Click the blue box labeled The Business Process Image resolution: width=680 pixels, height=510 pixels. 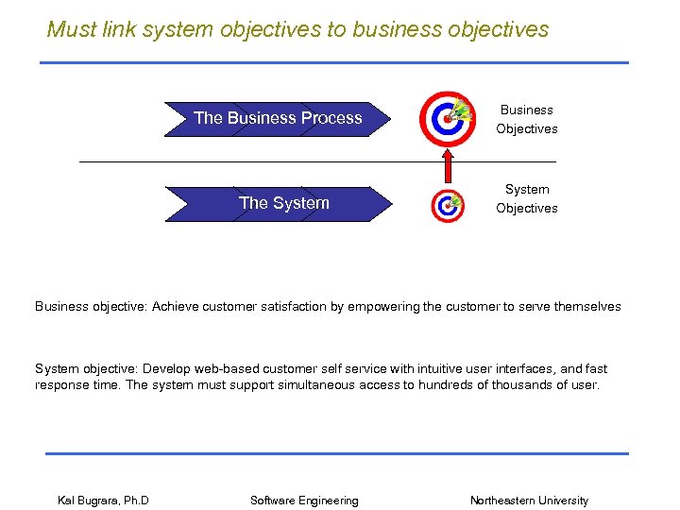[278, 119]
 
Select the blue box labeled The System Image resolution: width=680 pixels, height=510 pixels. [283, 203]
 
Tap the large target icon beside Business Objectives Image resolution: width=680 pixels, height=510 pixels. [449, 119]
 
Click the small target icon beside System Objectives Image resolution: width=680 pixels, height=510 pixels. [447, 205]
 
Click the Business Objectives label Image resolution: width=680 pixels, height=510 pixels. [527, 120]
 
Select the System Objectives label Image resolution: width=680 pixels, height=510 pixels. [527, 199]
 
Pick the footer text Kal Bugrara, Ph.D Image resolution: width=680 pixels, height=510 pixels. [103, 501]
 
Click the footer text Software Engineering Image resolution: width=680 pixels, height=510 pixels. [304, 501]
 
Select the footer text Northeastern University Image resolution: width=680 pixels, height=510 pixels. [529, 501]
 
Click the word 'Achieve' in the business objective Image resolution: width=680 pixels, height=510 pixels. [176, 306]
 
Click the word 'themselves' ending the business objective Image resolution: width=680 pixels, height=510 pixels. [587, 306]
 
